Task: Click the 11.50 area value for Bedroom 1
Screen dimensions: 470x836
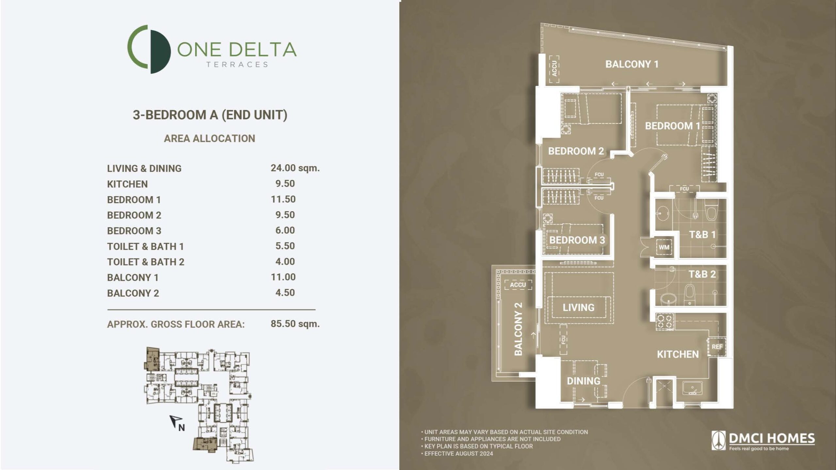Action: tap(283, 199)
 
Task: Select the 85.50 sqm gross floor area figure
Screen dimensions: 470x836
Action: tap(295, 324)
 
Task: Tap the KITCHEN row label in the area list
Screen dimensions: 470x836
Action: tap(127, 184)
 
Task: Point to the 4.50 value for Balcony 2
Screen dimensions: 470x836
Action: tap(285, 292)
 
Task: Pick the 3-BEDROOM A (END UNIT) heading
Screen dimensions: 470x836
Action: tap(210, 115)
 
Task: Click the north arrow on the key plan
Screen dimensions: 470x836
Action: tap(176, 421)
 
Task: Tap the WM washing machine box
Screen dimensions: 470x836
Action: tap(664, 247)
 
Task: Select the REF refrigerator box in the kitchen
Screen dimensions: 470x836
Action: tap(717, 347)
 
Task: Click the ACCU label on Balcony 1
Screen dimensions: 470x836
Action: tap(554, 69)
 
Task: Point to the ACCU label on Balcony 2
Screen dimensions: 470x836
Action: tap(518, 285)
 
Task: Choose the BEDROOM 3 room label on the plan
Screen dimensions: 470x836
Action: tap(577, 240)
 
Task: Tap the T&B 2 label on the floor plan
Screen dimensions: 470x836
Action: tap(702, 274)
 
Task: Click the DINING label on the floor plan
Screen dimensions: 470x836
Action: tap(583, 381)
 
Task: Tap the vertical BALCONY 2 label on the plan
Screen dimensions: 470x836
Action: tap(518, 329)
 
